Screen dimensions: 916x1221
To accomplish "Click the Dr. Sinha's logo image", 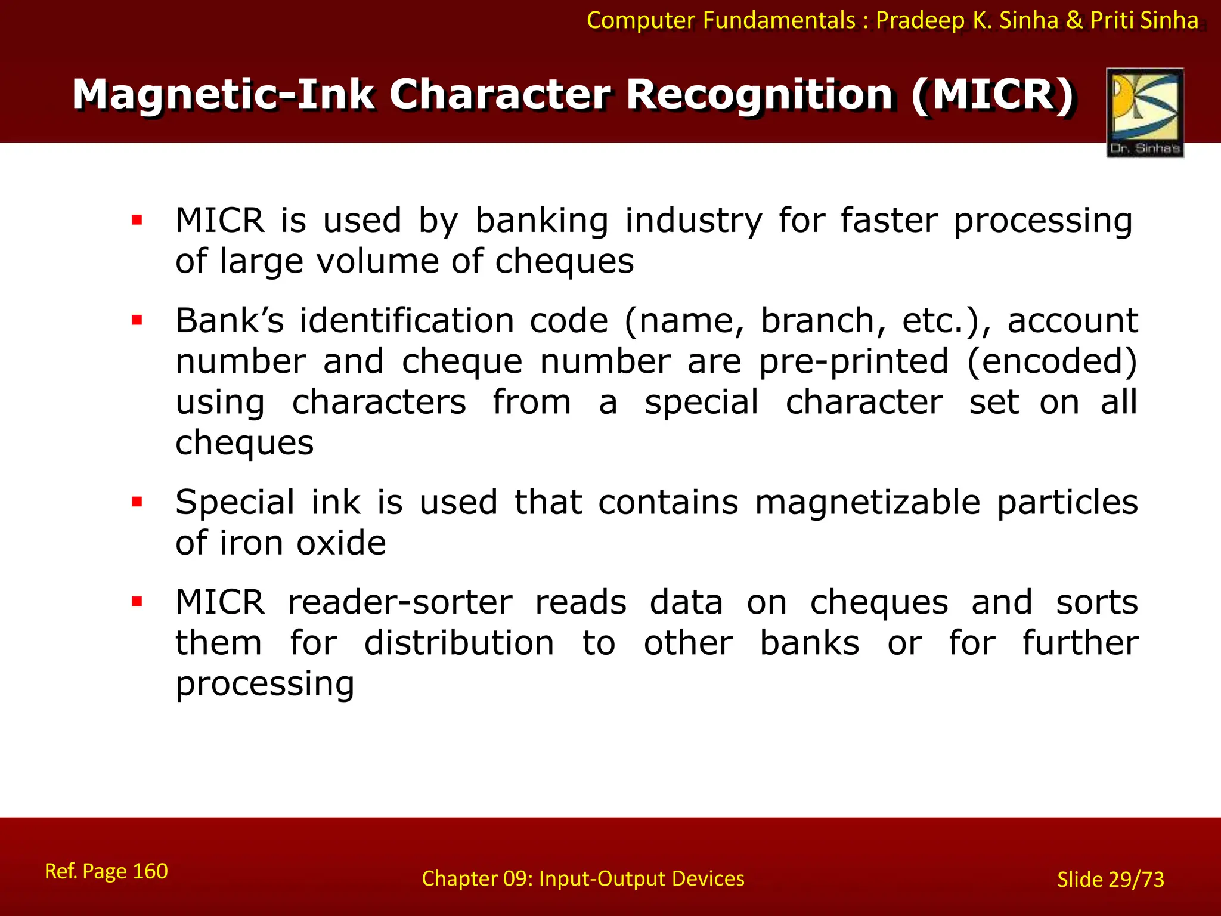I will coord(1145,112).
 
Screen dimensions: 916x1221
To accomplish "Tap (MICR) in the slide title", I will coord(992,94).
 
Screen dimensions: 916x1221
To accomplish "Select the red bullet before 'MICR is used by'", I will coord(137,220).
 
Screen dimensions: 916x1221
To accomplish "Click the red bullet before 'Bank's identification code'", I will coord(137,320).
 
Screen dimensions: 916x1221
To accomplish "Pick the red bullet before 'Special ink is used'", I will coord(137,502).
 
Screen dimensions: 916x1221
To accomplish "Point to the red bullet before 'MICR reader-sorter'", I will coord(137,601).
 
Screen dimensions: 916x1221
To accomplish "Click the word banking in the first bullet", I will coord(541,221).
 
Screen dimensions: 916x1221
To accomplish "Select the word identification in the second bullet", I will coord(406,321).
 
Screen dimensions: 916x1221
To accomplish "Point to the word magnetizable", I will coord(867,502).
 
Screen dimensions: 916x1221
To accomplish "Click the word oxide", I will coord(341,543).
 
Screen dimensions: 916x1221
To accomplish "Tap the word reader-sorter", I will coord(400,602).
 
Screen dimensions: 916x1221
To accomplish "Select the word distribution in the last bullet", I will coord(459,643).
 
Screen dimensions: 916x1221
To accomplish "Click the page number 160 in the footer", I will coord(150,871).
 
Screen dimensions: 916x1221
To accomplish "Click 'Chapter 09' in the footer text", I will coord(476,878).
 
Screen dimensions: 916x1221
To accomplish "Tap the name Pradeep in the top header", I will coord(920,21).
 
